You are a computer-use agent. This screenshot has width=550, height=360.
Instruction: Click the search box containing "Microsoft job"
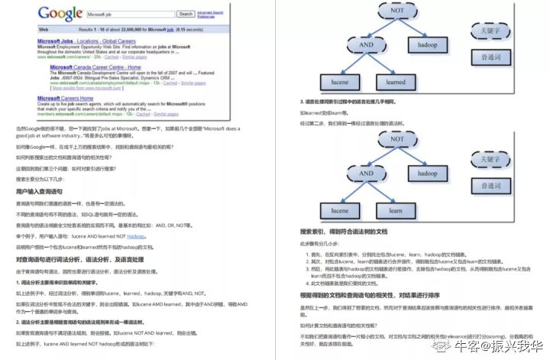pyautogui.click(x=131, y=14)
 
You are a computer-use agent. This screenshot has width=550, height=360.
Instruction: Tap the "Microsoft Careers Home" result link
pyautogui.click(x=66, y=98)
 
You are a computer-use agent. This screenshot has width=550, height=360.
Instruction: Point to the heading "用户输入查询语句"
pyautogui.click(x=40, y=190)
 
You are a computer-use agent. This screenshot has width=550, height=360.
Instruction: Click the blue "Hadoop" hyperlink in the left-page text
pyautogui.click(x=136, y=237)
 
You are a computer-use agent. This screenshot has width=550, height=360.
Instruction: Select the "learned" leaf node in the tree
pyautogui.click(x=396, y=82)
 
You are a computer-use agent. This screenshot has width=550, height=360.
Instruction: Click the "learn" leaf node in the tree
pyautogui.click(x=396, y=209)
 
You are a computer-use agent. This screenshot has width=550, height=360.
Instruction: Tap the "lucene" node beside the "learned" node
pyautogui.click(x=335, y=82)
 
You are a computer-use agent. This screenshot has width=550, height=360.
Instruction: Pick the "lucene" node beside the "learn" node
pyautogui.click(x=335, y=209)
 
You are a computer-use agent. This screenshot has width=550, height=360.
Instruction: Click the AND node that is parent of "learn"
pyautogui.click(x=366, y=173)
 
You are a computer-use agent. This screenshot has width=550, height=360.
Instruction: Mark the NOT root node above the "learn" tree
pyautogui.click(x=397, y=140)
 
